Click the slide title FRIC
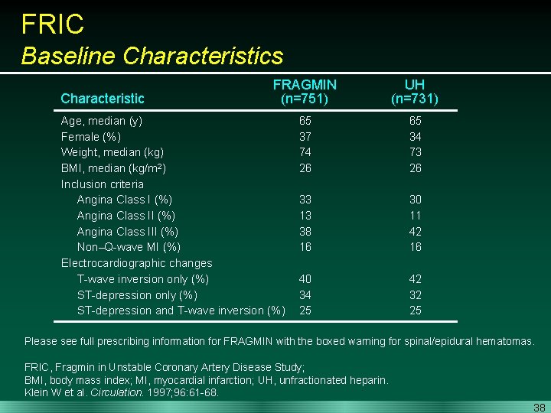pos(53,24)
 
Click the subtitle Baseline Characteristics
pos(152,56)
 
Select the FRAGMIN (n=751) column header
pos(305,91)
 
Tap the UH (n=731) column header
pos(415,91)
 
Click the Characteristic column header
pos(102,98)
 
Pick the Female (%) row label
pos(91,136)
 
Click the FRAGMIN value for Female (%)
pos(305,136)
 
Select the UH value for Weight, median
pos(415,152)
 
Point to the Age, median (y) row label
pos(101,121)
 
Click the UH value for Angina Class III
pos(415,231)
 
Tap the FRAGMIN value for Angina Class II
pos(305,216)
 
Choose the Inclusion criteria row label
pos(102,184)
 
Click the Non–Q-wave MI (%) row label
pos(129,247)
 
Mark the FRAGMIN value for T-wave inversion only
pos(305,279)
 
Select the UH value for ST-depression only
pos(415,294)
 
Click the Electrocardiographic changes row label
pos(136,263)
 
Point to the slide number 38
pos(539,408)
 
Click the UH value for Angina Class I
pos(415,200)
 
